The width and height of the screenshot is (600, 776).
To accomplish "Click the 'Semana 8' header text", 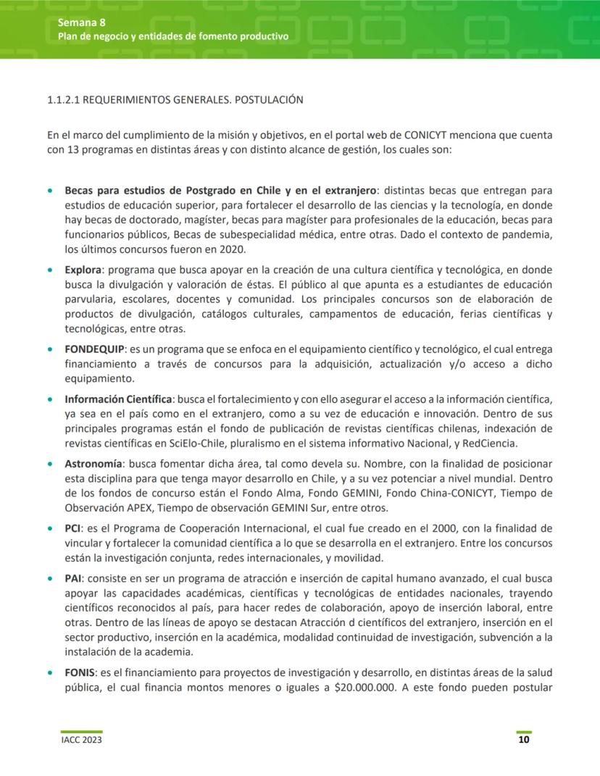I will (77, 22).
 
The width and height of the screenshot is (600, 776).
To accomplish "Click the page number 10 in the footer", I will (523, 740).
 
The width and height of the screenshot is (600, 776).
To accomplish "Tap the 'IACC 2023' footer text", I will (80, 740).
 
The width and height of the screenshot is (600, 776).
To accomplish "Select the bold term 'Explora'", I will (83, 270).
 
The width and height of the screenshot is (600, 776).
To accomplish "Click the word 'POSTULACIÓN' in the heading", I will (266, 100).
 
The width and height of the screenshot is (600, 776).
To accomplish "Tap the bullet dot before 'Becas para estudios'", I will (50, 191).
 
